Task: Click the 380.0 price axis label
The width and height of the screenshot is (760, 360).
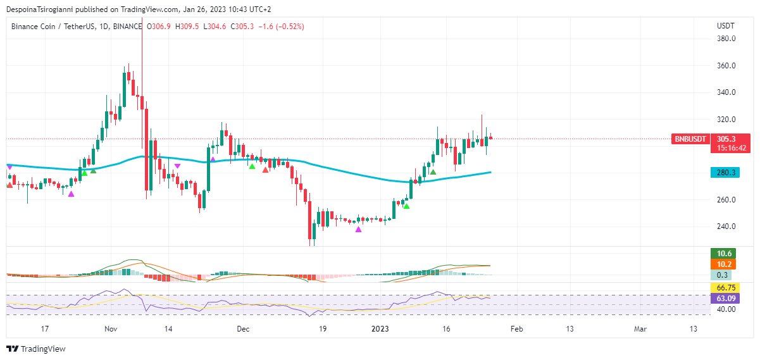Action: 726,39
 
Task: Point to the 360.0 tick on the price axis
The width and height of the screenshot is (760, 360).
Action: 726,66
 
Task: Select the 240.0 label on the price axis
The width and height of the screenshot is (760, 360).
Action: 726,227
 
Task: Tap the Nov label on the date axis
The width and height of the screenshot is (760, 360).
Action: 111,329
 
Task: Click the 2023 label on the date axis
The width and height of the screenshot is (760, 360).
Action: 381,329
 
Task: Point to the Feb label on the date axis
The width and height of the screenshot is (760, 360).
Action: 516,329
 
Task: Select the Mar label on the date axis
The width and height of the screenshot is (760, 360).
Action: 640,329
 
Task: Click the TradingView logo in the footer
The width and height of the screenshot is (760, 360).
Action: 36,349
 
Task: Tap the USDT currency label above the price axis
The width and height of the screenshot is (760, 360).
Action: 725,26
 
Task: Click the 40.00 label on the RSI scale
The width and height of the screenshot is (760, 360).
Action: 726,309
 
